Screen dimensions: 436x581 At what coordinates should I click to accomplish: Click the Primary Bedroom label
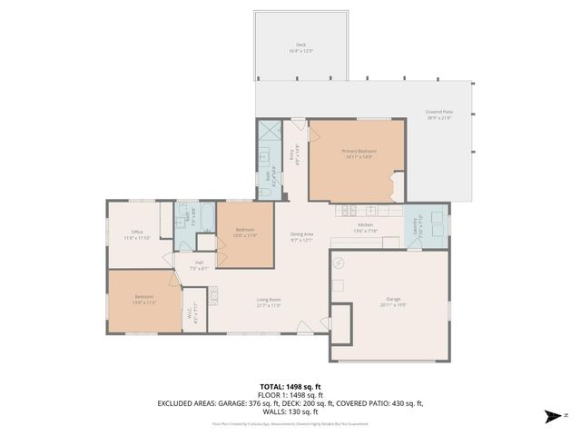click(359, 153)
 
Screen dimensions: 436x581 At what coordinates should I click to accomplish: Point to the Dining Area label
click(301, 237)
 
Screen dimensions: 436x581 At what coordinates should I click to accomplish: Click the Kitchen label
click(365, 227)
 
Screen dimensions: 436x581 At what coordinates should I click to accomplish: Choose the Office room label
click(137, 234)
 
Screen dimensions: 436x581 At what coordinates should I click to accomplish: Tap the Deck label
click(300, 47)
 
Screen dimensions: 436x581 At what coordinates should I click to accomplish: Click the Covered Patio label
click(439, 114)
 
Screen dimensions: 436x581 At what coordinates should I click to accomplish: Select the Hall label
click(199, 265)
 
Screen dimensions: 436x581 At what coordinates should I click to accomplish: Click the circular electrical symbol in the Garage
click(339, 263)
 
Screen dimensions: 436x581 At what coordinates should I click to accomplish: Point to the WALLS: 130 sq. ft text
click(290, 410)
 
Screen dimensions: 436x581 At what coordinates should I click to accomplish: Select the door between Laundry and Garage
click(413, 247)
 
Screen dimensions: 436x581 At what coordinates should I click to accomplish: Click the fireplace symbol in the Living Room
click(214, 297)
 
